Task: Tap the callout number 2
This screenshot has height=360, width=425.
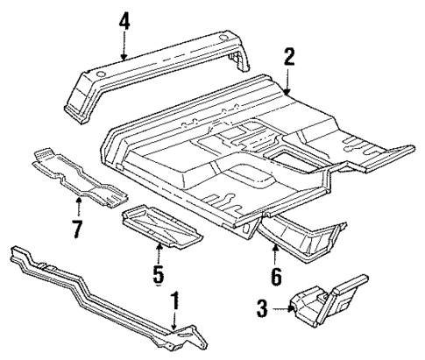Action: [x=289, y=59]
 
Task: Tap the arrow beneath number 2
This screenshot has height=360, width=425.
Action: [x=288, y=83]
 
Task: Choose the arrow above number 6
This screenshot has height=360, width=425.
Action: [x=275, y=256]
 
